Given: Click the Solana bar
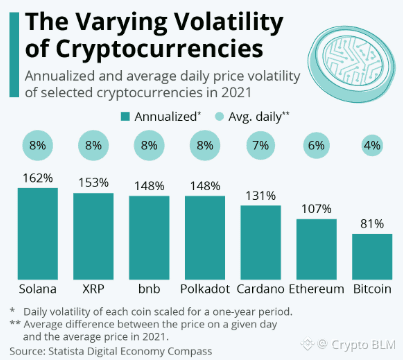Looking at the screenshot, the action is coord(38,234).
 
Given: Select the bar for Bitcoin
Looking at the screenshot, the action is coord(372,257).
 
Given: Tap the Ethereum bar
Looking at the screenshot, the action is coord(316,249).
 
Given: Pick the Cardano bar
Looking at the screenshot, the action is coord(261,242).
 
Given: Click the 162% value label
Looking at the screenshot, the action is coord(38,178).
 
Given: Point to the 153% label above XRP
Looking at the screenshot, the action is coord(93,183).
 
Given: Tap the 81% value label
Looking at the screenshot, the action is coord(372,224).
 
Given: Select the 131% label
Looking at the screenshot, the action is coord(261,196).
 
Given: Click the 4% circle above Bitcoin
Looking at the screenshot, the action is coord(372,146).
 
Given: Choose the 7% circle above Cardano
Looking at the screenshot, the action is coord(261,146).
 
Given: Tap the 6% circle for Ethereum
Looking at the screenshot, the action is coord(316,146).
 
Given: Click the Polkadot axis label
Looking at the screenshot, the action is coord(205,289).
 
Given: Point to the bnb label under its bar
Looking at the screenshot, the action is coord(149,289).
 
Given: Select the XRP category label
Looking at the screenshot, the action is coord(93,289).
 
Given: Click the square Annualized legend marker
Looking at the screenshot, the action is coord(125,117).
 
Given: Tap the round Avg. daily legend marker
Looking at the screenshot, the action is coord(219,117).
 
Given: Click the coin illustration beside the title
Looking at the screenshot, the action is coord(351,64).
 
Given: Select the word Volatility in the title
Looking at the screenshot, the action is coord(229,22).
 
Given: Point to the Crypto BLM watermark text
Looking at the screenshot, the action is coord(363,344).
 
